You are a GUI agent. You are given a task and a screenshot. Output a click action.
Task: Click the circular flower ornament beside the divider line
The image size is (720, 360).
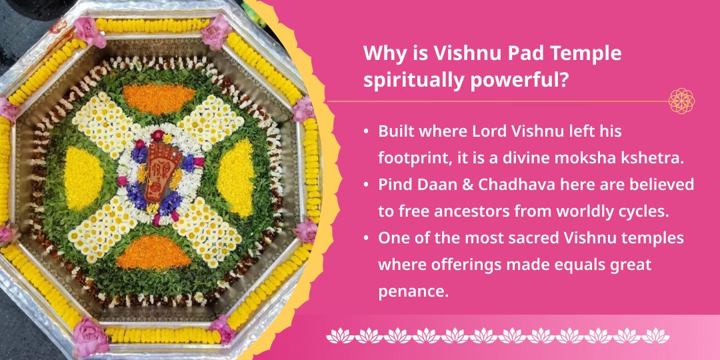point(681,101)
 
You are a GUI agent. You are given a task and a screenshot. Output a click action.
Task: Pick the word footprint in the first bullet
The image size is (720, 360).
point(409,159)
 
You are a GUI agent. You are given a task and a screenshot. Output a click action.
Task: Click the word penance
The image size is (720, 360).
point(413,292)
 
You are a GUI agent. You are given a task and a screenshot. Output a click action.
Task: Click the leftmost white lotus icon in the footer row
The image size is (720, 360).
point(340,335)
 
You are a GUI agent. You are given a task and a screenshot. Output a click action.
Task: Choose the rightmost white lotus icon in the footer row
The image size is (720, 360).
point(655,335)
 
